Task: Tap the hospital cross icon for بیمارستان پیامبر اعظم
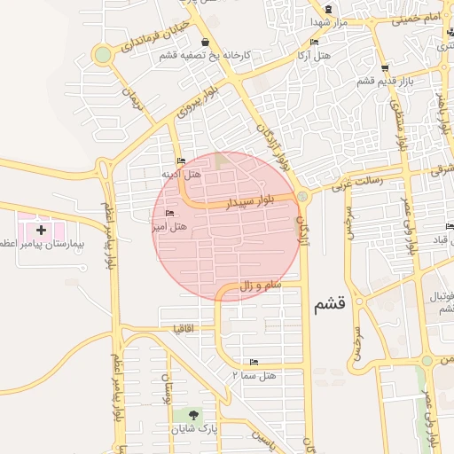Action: pyautogui.click(x=41, y=230)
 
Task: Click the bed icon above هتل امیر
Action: pyautogui.click(x=169, y=214)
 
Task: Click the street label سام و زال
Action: pyautogui.click(x=260, y=286)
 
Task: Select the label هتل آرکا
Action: pyautogui.click(x=317, y=55)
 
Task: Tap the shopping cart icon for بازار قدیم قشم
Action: pyautogui.click(x=383, y=67)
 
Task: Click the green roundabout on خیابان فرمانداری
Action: pyautogui.click(x=103, y=55)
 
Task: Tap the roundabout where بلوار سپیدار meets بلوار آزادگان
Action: pyautogui.click(x=302, y=196)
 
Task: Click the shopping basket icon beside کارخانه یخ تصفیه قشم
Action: pyautogui.click(x=205, y=42)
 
